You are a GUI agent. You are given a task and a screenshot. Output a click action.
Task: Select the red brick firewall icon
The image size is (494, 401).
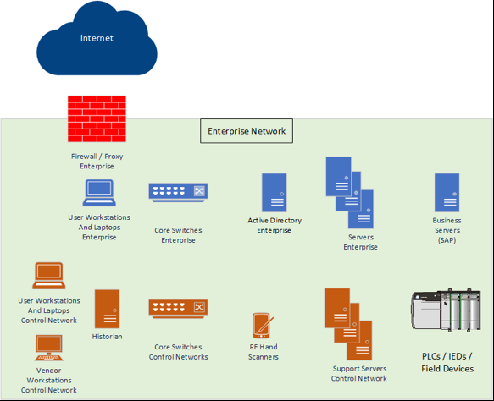(x=97, y=118)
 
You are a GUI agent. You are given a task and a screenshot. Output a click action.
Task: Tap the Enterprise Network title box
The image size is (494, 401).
(x=247, y=131)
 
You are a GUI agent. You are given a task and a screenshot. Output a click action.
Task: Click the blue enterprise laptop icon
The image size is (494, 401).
(x=99, y=195)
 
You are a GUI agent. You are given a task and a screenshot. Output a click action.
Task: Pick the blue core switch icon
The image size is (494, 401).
(x=178, y=193)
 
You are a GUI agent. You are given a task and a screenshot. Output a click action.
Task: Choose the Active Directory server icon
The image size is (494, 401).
(x=274, y=193)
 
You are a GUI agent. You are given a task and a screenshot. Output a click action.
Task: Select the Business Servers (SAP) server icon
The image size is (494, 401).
(x=447, y=193)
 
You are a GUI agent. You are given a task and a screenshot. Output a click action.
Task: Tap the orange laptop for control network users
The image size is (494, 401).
(x=49, y=277)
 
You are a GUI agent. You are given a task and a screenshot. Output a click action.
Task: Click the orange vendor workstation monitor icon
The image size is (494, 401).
(x=49, y=348)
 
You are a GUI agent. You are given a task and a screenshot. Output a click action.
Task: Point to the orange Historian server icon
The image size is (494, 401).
(x=107, y=309)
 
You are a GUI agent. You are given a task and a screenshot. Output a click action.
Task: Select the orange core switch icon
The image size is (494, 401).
(x=178, y=309)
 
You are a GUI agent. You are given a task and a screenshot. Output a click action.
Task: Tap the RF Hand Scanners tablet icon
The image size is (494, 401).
(x=262, y=326)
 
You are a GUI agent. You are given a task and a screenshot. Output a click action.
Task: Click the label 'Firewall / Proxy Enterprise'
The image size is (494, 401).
(x=97, y=161)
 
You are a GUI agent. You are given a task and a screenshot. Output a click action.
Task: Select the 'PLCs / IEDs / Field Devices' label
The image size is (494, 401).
(x=447, y=362)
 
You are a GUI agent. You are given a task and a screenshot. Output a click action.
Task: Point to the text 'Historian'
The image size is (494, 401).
(x=107, y=337)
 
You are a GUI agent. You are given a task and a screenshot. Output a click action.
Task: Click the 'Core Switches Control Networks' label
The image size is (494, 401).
(x=178, y=352)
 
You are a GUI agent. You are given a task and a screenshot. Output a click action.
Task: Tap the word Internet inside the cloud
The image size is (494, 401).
(x=97, y=38)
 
